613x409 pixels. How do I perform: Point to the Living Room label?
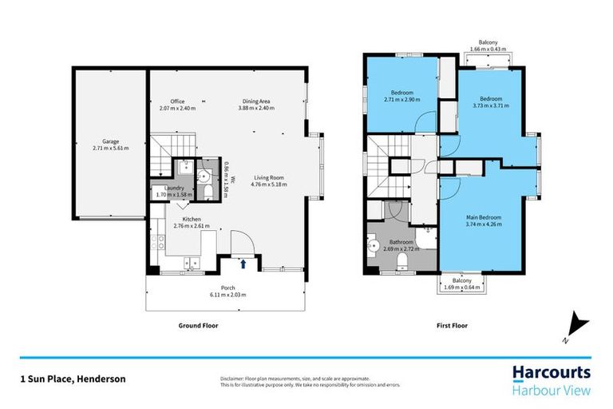[269, 178]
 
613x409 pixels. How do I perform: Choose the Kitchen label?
[191, 219]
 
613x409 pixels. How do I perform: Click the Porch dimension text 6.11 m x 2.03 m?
[228, 296]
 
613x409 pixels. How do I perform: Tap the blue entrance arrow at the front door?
[243, 262]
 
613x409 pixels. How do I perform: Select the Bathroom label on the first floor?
[401, 242]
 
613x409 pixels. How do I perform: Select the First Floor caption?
[453, 326]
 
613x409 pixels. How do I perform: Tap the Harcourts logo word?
[551, 372]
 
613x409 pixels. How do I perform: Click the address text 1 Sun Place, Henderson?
[73, 379]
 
